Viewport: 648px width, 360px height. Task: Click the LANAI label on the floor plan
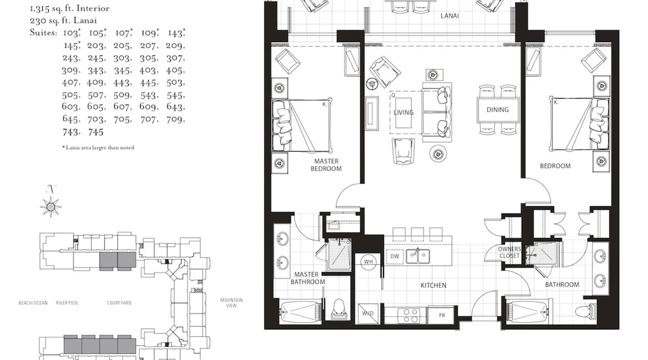pos(450,16)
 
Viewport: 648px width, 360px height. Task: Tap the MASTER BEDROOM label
pos(326,165)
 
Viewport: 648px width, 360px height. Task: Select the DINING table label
pos(498,110)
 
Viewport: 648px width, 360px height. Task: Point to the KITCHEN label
pos(433,285)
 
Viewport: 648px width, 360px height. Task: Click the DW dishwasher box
pos(395,256)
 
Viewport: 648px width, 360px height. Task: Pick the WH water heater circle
pos(368,262)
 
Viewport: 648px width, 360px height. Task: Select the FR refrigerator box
pos(442,315)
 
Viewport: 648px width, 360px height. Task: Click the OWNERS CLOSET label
pos(509,252)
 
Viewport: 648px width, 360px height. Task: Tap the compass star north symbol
pos(51,207)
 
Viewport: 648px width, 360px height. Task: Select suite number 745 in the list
pos(96,132)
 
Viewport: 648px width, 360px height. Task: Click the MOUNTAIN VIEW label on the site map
pos(231,303)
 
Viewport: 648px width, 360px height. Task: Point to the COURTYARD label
pos(119,303)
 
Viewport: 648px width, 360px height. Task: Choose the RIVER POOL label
pos(67,303)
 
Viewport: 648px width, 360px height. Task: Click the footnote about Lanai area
pos(98,148)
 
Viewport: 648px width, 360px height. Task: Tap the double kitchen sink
pos(418,257)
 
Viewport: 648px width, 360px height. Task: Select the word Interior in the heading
pos(93,8)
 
